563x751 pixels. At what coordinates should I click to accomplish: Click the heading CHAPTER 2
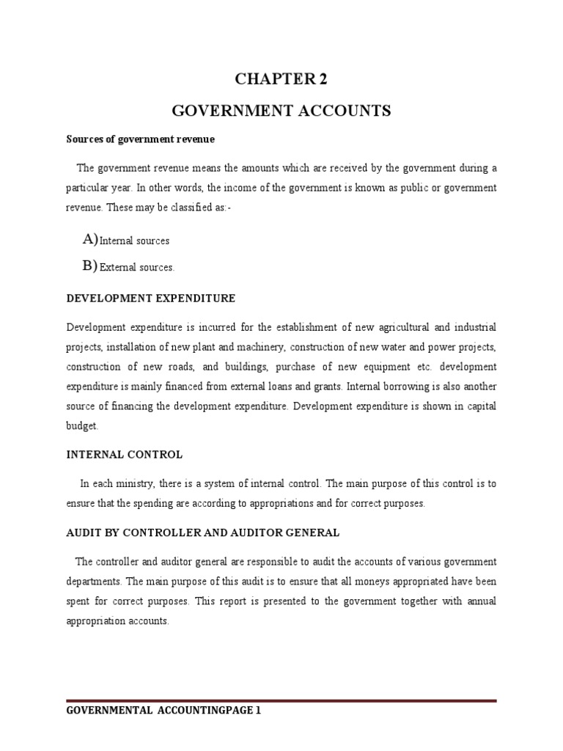click(x=281, y=80)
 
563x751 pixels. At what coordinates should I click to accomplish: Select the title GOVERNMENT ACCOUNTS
click(x=281, y=111)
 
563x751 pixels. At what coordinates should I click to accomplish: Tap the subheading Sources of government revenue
click(x=140, y=139)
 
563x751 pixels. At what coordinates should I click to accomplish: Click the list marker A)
click(x=90, y=239)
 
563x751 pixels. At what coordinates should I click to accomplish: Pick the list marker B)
click(x=90, y=266)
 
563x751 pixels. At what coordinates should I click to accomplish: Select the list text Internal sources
click(x=134, y=241)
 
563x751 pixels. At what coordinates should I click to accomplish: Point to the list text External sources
click(x=137, y=268)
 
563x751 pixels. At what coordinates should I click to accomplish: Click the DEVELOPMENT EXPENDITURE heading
click(x=151, y=298)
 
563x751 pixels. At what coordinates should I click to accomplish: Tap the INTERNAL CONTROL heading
click(x=125, y=455)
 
